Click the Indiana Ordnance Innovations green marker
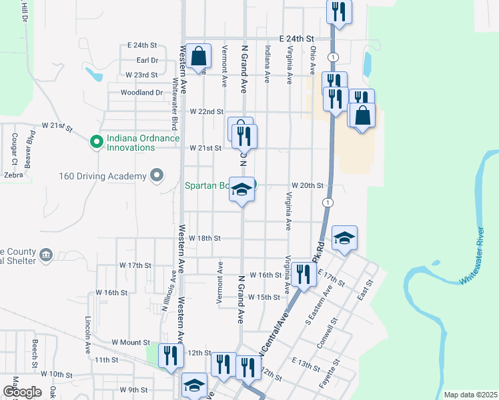(x=96, y=141)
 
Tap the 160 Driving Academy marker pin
(x=157, y=176)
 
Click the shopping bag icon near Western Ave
(x=199, y=57)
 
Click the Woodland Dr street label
(x=141, y=93)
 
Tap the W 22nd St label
(x=206, y=111)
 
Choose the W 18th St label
(x=204, y=238)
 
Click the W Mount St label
(x=131, y=342)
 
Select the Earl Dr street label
(x=145, y=60)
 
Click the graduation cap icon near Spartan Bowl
(x=241, y=189)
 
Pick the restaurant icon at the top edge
(x=339, y=11)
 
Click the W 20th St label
(x=307, y=185)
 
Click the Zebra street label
(x=13, y=175)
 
